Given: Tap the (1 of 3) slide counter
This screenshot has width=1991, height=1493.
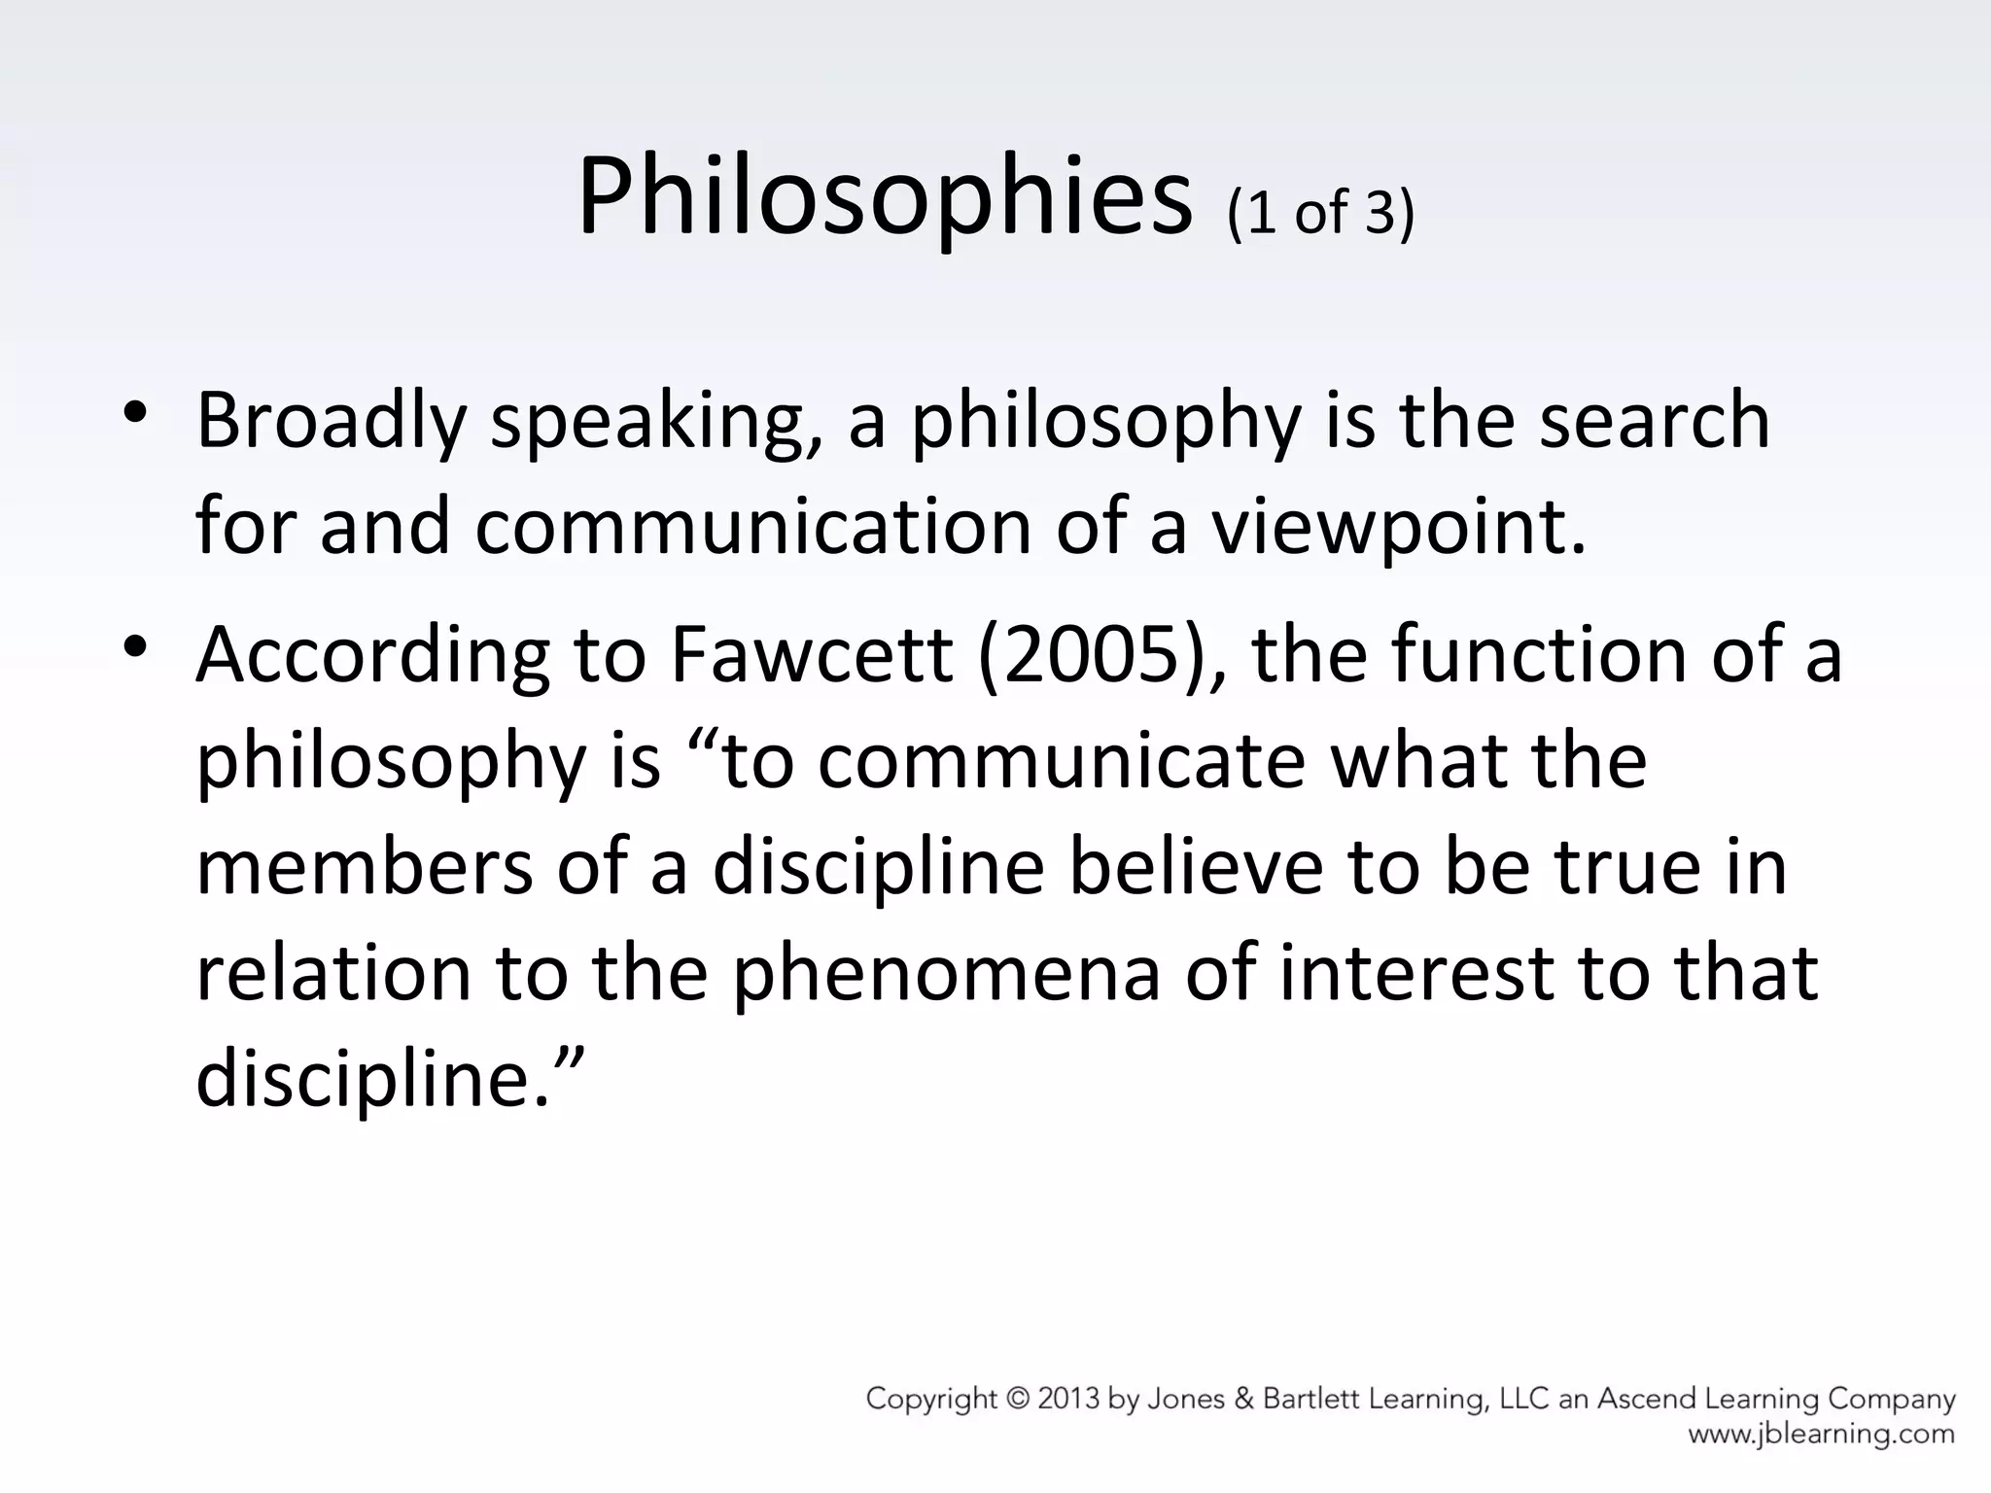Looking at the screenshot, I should [x=1320, y=211].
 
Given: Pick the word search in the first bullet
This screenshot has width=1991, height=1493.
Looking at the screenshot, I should [x=1655, y=420].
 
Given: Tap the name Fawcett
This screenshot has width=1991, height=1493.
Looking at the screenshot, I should [x=811, y=654].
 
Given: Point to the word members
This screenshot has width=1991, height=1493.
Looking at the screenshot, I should [x=364, y=866].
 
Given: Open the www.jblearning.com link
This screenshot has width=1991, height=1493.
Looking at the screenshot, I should [x=1821, y=1434].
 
